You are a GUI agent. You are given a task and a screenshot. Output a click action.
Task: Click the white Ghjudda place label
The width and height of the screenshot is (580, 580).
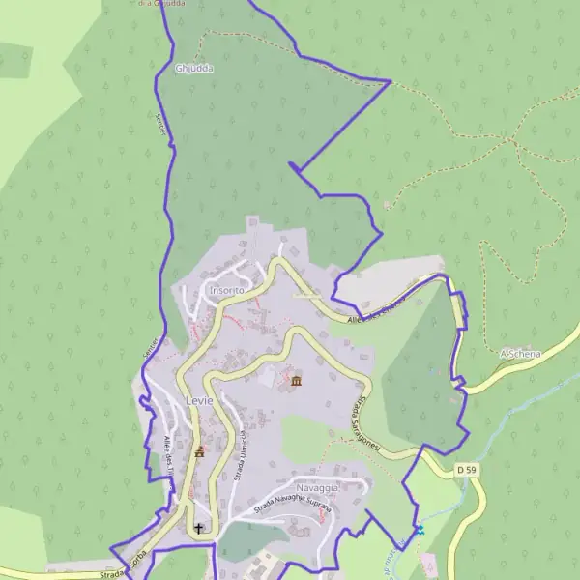(194, 69)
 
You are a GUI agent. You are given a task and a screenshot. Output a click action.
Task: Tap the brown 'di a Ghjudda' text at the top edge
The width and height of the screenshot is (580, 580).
(160, 4)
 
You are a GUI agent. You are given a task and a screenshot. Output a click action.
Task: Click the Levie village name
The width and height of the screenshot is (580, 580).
(199, 399)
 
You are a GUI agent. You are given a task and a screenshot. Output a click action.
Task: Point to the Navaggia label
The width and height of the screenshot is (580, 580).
(317, 488)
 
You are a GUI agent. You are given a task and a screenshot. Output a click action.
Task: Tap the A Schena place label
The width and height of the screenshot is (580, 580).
(519, 355)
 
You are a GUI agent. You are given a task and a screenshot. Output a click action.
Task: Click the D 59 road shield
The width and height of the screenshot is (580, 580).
(466, 470)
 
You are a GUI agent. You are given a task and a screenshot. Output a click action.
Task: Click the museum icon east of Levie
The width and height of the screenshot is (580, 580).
(295, 382)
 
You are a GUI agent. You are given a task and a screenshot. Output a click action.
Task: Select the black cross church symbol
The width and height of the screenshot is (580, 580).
(200, 529)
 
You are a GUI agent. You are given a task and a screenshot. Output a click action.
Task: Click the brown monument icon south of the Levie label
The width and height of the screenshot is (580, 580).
(200, 450)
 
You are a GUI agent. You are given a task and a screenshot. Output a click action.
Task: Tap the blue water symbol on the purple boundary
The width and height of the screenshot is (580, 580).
(420, 530)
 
